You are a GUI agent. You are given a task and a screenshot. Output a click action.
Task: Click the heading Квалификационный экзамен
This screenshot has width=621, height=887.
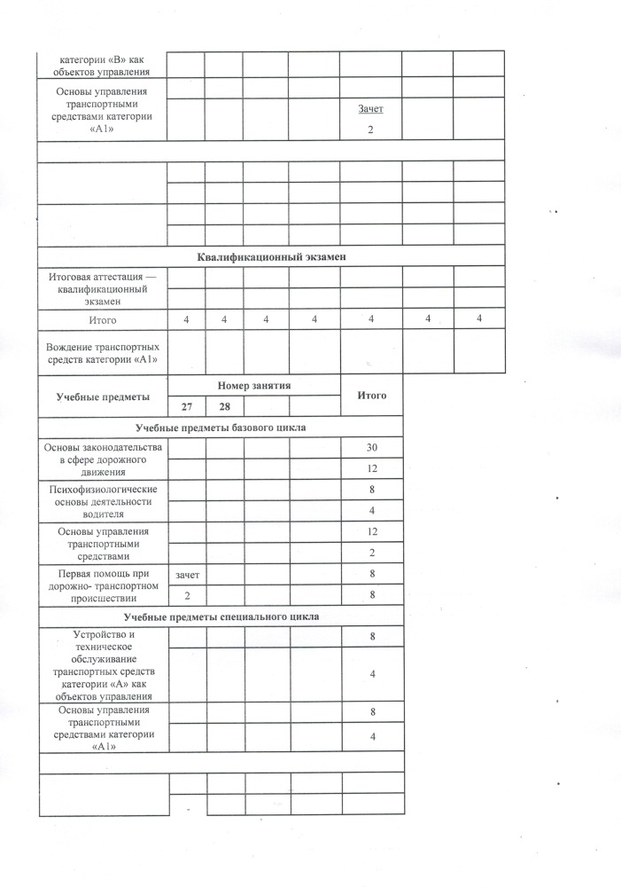pos(270,256)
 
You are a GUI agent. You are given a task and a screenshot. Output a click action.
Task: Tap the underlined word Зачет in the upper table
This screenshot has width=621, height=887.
pos(370,108)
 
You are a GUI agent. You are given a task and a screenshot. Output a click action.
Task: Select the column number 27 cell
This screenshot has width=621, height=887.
pos(186,406)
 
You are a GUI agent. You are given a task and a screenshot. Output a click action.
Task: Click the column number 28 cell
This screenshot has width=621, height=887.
pos(224,406)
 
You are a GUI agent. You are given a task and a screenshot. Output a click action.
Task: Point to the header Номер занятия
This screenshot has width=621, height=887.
pos(254,385)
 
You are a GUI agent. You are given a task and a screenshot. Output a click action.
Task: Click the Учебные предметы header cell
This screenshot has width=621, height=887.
pos(103,396)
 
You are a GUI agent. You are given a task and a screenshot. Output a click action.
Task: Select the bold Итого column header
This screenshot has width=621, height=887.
pos(371,395)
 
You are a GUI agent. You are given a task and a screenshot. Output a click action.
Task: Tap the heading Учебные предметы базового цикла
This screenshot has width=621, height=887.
pos(221,427)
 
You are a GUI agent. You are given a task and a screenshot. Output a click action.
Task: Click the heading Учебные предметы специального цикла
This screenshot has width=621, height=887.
pos(221,616)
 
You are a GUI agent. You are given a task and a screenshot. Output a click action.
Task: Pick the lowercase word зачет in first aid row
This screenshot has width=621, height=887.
pos(187,576)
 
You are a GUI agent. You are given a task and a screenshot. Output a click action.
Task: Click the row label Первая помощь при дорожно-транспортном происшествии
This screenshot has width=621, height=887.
pos(103,585)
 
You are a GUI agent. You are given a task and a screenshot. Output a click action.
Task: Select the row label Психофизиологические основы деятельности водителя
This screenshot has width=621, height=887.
pos(103,501)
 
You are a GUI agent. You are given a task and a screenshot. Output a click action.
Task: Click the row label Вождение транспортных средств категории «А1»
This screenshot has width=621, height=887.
pos(103,350)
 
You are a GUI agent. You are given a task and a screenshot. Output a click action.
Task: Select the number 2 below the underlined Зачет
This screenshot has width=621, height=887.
pos(371,130)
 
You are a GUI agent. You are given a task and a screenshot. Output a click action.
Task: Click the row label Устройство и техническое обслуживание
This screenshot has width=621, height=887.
pos(103,665)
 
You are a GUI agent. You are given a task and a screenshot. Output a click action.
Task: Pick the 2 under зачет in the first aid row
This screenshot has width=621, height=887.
pos(187,596)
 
